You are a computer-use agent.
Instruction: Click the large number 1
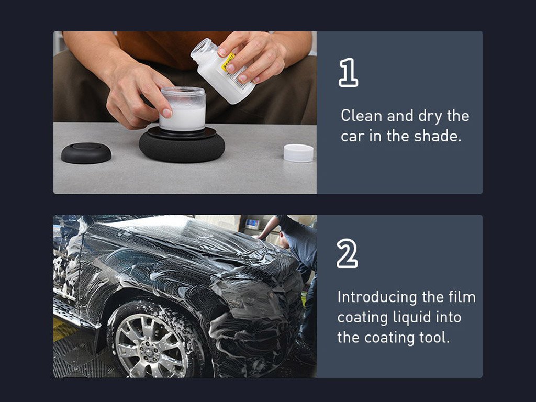(x=348, y=72)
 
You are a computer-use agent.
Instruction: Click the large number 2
(x=347, y=253)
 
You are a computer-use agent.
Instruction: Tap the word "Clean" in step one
(x=361, y=116)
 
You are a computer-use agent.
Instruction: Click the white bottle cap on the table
(x=298, y=153)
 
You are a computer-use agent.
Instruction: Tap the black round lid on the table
(x=86, y=153)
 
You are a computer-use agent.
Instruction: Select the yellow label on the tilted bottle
(x=228, y=62)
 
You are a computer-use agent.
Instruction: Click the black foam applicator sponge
(x=182, y=146)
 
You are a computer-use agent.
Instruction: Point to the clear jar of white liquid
(x=183, y=109)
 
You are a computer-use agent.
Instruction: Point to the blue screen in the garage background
(x=253, y=223)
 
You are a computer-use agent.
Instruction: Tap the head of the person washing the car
(x=284, y=239)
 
